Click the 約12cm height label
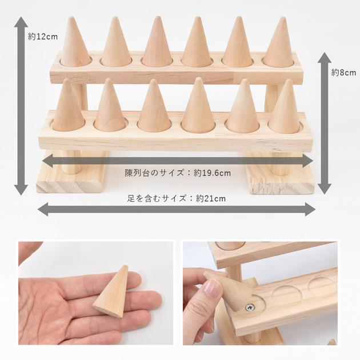[43, 37]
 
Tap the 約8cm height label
[343, 73]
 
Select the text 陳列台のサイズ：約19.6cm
[178, 172]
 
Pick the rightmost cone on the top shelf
[280, 44]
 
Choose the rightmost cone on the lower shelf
[284, 109]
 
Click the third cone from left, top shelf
[157, 44]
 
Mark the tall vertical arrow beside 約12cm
[21, 106]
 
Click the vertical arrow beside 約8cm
[324, 123]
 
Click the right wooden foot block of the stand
[280, 178]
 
